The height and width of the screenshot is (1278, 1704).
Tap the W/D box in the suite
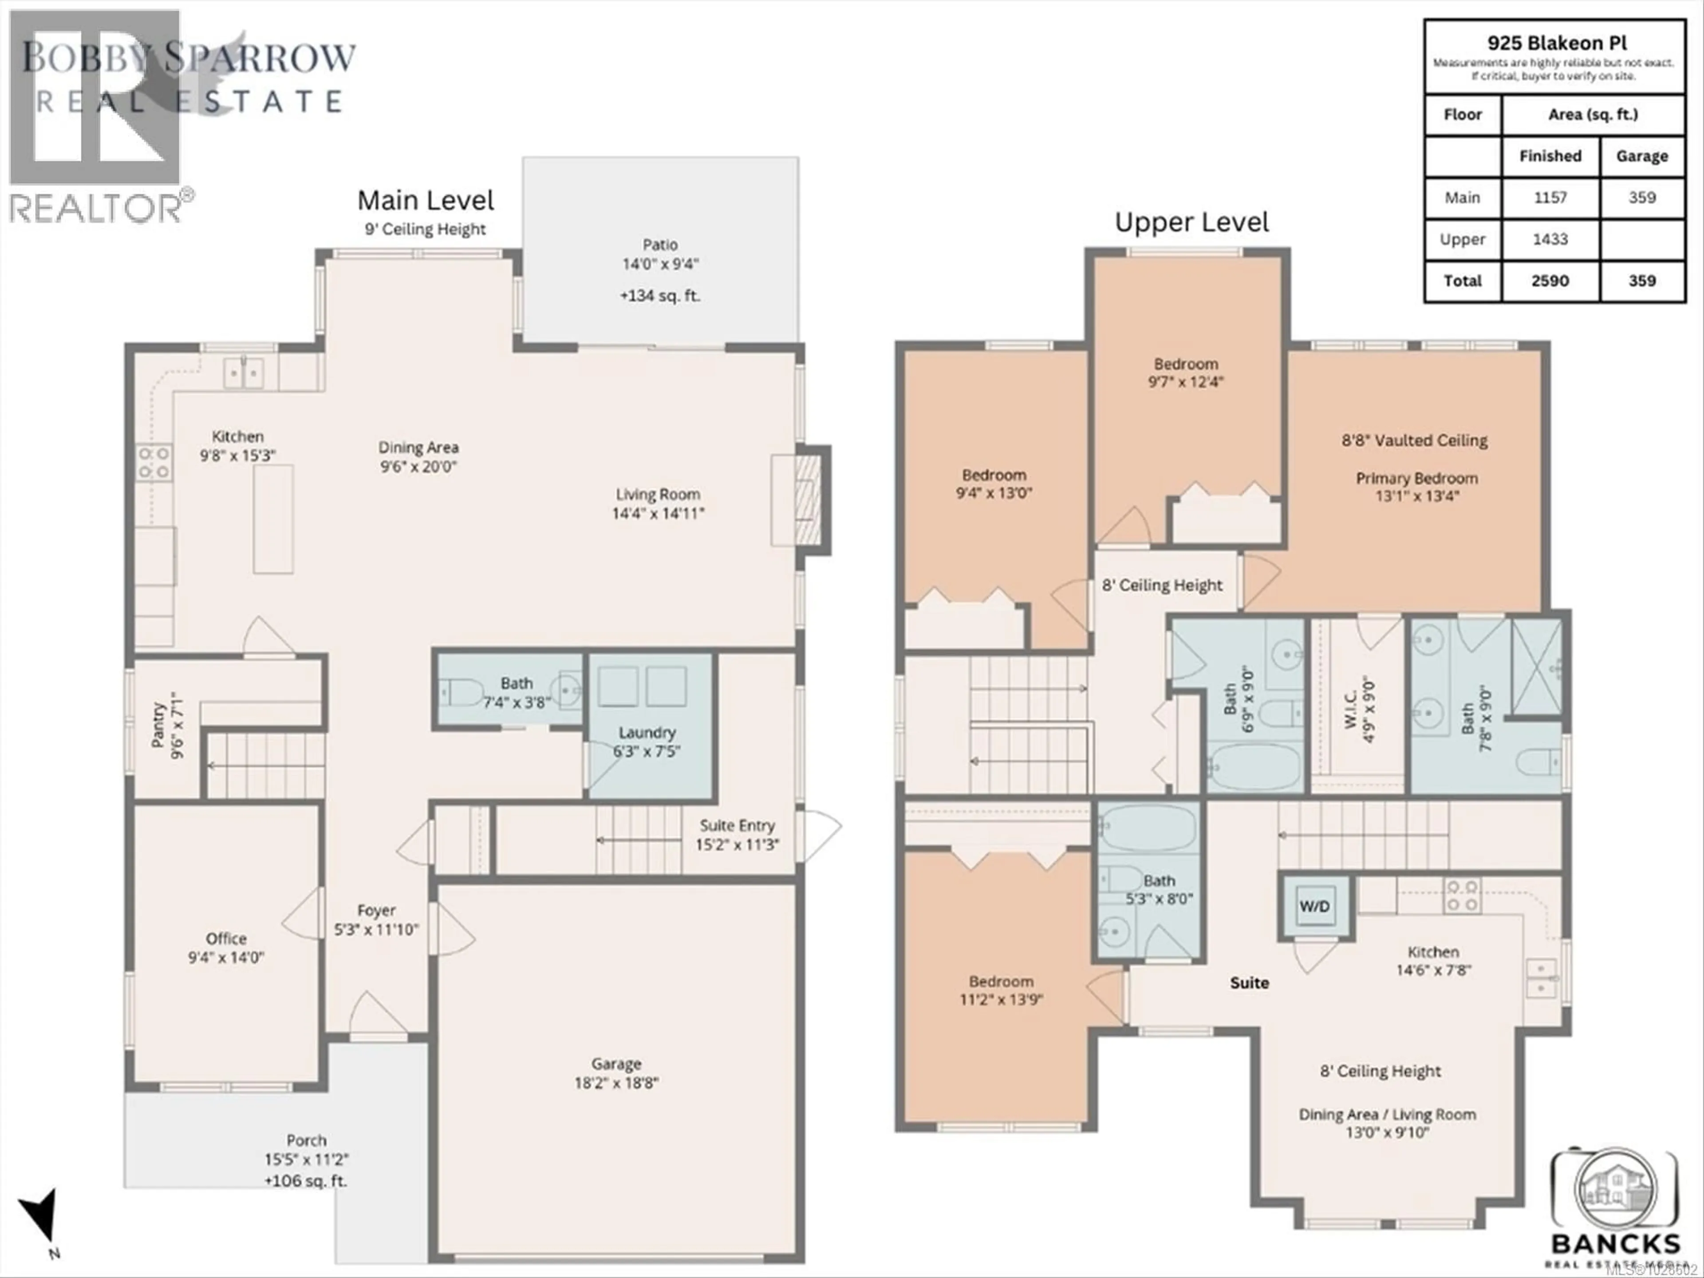point(1314,907)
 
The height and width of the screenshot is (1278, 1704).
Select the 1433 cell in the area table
point(1550,240)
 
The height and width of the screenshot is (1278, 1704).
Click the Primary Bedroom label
point(1416,478)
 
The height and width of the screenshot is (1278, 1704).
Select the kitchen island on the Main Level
point(273,518)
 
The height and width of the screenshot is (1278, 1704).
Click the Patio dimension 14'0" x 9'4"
point(660,264)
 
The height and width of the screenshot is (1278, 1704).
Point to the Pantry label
point(159,725)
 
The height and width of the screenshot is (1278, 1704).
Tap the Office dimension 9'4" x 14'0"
point(226,958)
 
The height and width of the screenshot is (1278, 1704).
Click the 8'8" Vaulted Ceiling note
point(1414,441)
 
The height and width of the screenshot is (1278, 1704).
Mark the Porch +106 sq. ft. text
point(306,1181)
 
